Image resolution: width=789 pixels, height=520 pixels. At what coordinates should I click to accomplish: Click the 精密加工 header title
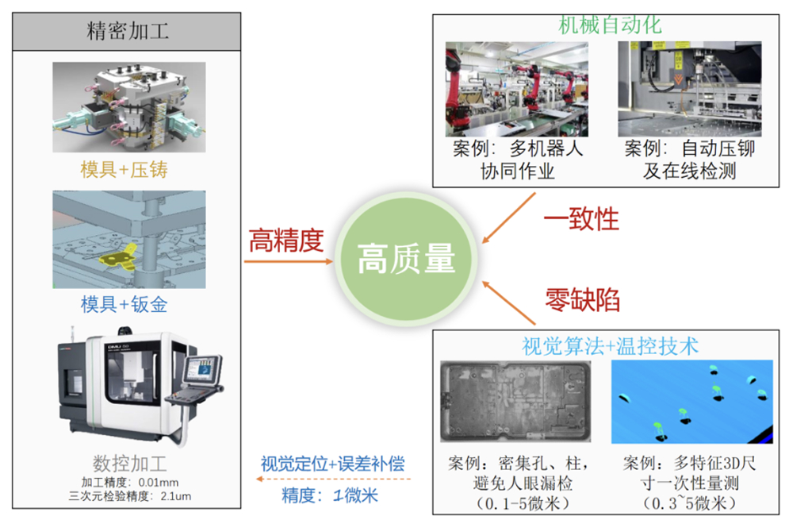tap(128, 31)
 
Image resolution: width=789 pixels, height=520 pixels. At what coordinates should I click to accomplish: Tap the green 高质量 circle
tap(405, 259)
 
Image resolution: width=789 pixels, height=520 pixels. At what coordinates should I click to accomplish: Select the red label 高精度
tap(286, 241)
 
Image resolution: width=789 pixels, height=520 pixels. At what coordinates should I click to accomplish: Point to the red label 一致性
tap(581, 219)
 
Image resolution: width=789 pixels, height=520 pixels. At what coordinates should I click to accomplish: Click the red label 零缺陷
tap(582, 300)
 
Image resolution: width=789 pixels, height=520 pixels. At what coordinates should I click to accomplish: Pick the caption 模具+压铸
tap(124, 170)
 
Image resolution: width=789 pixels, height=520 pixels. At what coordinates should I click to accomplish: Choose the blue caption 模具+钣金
tap(124, 304)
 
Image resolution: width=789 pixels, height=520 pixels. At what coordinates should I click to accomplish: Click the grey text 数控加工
tap(129, 463)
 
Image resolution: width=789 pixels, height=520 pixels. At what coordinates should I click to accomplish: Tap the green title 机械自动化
tap(610, 25)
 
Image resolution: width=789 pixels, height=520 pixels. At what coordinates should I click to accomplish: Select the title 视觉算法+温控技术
tap(610, 346)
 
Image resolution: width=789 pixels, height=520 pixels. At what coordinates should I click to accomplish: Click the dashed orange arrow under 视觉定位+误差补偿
tap(334, 479)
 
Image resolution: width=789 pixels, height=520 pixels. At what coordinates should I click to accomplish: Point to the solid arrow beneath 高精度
tap(289, 261)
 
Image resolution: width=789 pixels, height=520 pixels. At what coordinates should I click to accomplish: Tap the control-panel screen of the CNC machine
tap(202, 369)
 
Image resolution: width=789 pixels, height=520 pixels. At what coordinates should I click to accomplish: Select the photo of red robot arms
tap(517, 89)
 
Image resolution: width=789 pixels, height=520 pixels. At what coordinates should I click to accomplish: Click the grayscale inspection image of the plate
tap(515, 402)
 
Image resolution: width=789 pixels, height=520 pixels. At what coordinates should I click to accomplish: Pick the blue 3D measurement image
tap(692, 402)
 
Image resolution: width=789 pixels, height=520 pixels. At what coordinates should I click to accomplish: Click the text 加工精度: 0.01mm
tap(130, 483)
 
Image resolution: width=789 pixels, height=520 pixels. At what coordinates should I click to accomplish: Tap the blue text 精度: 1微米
tap(330, 495)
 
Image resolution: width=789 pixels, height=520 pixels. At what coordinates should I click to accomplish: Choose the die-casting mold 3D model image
tap(129, 107)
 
